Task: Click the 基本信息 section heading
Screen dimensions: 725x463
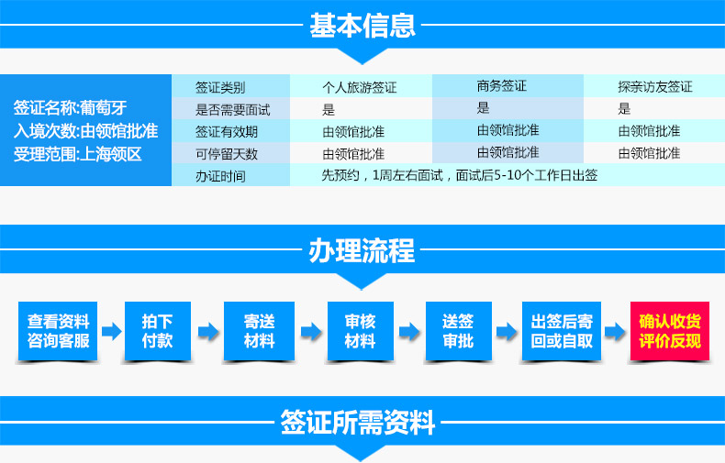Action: click(362, 26)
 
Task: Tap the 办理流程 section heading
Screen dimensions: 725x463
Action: click(362, 251)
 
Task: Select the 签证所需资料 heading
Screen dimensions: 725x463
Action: click(357, 422)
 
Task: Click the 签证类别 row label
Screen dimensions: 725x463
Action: click(220, 87)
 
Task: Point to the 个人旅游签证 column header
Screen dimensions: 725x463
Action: click(359, 87)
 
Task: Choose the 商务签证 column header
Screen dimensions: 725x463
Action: click(502, 86)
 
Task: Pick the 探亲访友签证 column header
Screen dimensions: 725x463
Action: click(655, 86)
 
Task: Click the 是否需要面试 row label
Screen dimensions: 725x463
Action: click(232, 110)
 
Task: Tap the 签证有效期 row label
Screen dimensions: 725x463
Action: click(227, 132)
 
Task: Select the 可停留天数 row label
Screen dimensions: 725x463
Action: click(227, 154)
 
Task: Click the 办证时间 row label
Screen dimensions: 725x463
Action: click(220, 176)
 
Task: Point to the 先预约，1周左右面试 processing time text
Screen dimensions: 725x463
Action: click(382, 175)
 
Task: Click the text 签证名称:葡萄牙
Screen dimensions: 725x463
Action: click(71, 107)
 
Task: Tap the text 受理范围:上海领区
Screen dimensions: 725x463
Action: click(77, 154)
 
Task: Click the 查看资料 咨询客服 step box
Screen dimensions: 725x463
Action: click(58, 331)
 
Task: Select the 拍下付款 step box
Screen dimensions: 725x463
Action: click(158, 331)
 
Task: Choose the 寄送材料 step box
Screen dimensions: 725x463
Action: click(259, 331)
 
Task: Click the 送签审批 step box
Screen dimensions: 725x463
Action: click(458, 331)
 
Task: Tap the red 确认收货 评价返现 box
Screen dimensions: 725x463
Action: click(670, 331)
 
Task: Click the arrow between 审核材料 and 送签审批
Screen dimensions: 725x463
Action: click(409, 331)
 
